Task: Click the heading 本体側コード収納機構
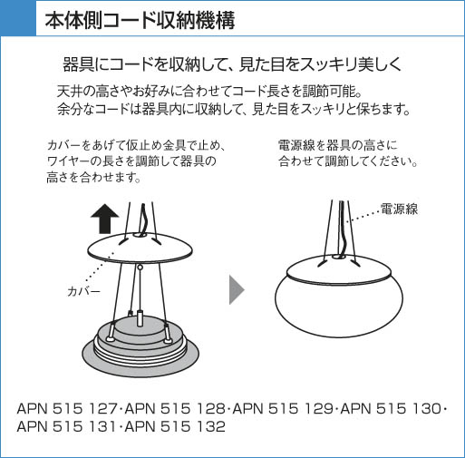pos(140,21)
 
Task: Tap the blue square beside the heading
pos(18,18)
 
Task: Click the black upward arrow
pos(105,219)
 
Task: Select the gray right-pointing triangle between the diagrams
pos(237,289)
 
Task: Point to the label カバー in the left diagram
pos(83,292)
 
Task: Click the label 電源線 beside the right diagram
pos(399,209)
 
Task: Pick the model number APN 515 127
pos(67,409)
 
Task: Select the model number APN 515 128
pos(175,409)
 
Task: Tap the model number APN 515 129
pos(283,409)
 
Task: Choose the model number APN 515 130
pos(391,409)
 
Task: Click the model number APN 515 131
pos(67,426)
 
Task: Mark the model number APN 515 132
pos(175,426)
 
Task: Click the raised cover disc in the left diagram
pos(140,248)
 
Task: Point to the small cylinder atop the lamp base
pos(140,318)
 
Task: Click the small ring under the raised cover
pos(140,268)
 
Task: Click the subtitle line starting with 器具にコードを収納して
pos(232,64)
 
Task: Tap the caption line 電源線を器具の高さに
pos(337,145)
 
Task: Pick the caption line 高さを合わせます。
pos(94,177)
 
